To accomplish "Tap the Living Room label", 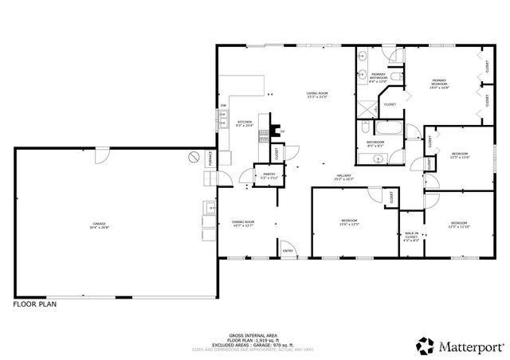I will click(x=317, y=95).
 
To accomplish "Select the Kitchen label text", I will click(x=245, y=123).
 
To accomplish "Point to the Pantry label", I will click(x=269, y=175).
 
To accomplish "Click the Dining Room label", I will click(x=243, y=223).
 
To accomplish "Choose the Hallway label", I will click(x=343, y=177).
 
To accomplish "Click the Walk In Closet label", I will click(x=411, y=236).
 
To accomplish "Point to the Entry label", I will click(x=288, y=252).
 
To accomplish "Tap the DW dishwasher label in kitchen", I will click(x=223, y=106).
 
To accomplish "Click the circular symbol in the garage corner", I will click(x=192, y=158).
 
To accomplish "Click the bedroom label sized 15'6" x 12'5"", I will click(x=349, y=222).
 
